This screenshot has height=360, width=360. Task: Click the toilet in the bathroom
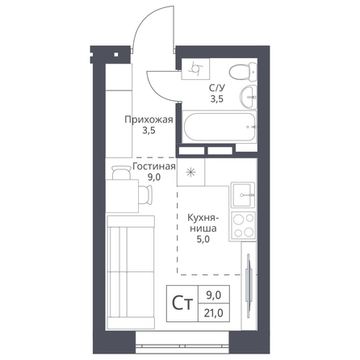click(243, 72)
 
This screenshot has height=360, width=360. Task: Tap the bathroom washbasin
click(249, 97)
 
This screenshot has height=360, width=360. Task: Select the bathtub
click(220, 127)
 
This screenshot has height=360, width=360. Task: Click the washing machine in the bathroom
click(195, 69)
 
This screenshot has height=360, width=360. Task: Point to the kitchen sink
click(243, 195)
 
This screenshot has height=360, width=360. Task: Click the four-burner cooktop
click(243, 224)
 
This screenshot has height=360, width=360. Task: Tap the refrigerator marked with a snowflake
click(190, 172)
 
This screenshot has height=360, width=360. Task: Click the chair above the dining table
click(121, 173)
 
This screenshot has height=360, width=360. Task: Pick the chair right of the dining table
click(145, 195)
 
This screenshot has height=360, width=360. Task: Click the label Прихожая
click(149, 119)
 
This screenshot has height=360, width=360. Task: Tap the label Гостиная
click(154, 166)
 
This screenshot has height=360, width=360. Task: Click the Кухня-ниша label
click(203, 223)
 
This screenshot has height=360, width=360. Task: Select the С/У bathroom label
click(217, 88)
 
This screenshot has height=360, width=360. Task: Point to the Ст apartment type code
click(182, 303)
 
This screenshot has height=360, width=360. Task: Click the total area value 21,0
click(213, 313)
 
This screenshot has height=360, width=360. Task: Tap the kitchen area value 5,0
click(203, 239)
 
